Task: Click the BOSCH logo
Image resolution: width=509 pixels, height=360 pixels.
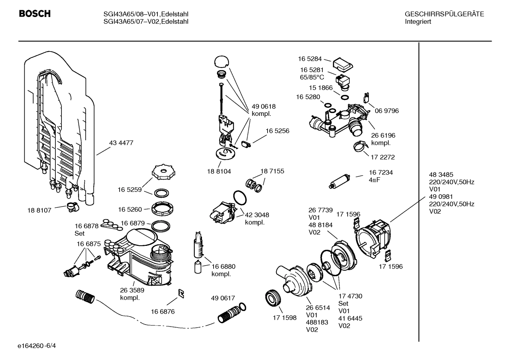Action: tap(35, 14)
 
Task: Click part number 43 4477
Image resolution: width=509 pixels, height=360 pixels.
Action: tap(121, 143)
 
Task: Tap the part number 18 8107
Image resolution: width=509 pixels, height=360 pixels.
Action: tap(39, 210)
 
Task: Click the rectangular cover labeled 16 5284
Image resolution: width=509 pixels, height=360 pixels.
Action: tap(343, 64)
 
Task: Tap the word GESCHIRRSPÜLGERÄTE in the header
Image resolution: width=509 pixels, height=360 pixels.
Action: tap(444, 14)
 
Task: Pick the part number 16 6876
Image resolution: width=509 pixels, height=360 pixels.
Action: tap(163, 312)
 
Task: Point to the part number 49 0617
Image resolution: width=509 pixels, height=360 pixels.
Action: tap(223, 298)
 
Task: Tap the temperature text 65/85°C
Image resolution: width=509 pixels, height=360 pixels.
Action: tap(312, 77)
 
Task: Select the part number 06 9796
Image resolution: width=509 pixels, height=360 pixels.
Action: tap(387, 111)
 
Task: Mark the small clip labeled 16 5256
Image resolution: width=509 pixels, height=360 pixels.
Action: tap(245, 144)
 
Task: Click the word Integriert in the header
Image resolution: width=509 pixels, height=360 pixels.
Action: tap(418, 22)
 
